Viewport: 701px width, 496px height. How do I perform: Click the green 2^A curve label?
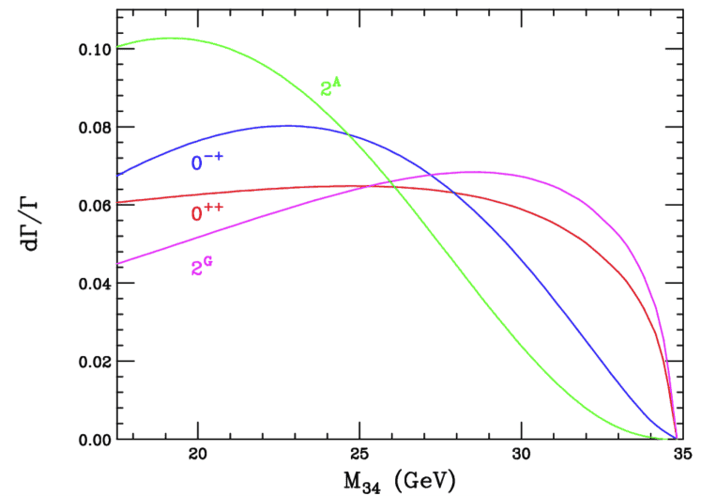click(x=330, y=88)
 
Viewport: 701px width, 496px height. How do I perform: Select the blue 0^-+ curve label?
click(x=207, y=162)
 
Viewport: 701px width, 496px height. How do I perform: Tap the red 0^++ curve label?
click(x=207, y=213)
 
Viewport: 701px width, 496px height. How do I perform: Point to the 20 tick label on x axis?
click(x=198, y=456)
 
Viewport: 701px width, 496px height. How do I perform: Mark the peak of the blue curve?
click(x=286, y=125)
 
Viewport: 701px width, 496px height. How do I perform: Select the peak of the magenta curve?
click(x=474, y=172)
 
